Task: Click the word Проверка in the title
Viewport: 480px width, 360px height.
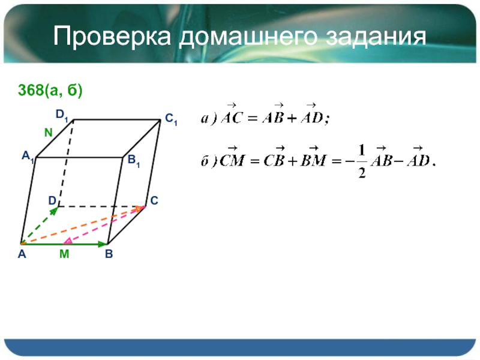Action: pos(112,37)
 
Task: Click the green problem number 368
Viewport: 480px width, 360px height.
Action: pos(31,90)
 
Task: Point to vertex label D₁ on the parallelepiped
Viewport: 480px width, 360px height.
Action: pos(62,115)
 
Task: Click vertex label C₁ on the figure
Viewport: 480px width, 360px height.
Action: pos(171,119)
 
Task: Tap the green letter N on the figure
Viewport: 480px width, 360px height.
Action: pos(49,133)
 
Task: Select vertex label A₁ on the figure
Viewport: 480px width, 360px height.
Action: pos(28,157)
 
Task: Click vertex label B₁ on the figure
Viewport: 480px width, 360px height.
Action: pos(134,160)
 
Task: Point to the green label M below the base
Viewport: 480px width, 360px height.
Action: pos(64,254)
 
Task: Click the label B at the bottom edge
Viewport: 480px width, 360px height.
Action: pos(109,254)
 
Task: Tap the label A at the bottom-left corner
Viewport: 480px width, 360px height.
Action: pos(22,254)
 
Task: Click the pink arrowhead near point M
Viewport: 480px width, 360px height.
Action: pos(68,241)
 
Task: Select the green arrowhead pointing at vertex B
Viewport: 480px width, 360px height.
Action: pos(101,244)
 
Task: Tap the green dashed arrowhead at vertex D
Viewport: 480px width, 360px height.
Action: pos(55,211)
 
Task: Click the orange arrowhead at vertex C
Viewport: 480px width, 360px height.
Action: pos(140,208)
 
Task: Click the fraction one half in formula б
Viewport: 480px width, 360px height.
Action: pos(362,161)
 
